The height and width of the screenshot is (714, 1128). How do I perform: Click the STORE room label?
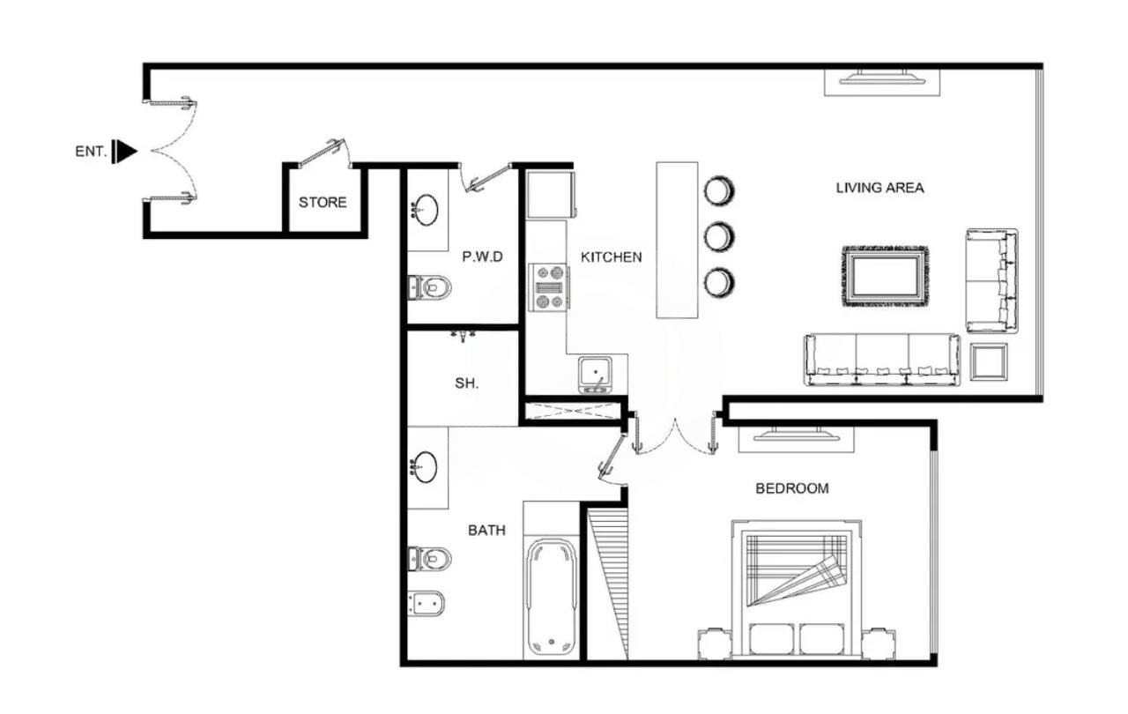[323, 203]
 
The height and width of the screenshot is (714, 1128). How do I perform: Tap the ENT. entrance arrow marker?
[124, 152]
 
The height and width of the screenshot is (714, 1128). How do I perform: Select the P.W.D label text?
[482, 257]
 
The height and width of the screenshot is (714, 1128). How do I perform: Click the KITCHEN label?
[612, 257]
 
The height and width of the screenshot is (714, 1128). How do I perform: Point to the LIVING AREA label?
[879, 188]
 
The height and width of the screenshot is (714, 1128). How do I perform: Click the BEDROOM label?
[792, 488]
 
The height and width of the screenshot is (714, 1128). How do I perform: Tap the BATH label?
[486, 531]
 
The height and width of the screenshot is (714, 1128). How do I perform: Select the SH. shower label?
[467, 383]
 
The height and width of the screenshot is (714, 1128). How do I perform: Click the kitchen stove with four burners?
[549, 287]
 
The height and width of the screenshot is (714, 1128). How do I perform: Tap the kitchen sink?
[596, 375]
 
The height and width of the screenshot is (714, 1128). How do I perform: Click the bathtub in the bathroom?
[552, 597]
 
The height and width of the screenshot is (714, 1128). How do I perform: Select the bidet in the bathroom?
[427, 603]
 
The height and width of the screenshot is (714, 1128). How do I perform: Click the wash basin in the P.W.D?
[425, 210]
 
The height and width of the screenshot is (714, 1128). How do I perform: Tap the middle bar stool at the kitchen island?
[719, 236]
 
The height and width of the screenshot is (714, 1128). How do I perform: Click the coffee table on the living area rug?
[886, 276]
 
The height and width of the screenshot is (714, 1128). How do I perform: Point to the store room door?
[323, 152]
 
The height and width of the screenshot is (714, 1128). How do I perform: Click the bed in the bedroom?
[796, 589]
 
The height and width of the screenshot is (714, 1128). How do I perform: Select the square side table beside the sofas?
[989, 361]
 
